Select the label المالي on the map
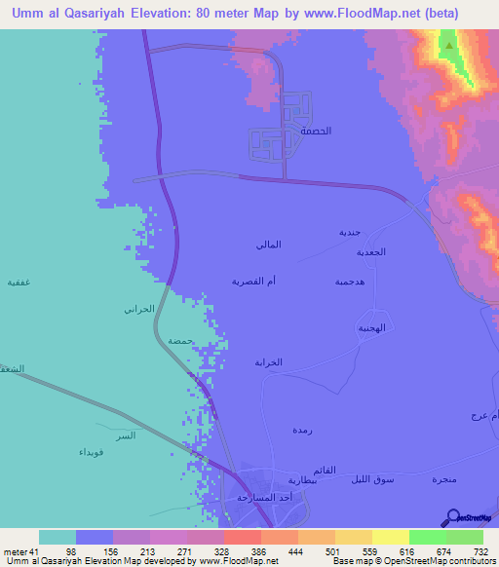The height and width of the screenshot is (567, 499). click(267, 244)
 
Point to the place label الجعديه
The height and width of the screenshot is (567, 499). click(370, 252)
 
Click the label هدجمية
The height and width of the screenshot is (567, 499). click(350, 281)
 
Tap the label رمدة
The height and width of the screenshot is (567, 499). click(301, 429)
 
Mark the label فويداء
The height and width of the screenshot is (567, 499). click(91, 453)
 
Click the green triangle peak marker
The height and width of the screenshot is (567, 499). click(448, 43)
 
